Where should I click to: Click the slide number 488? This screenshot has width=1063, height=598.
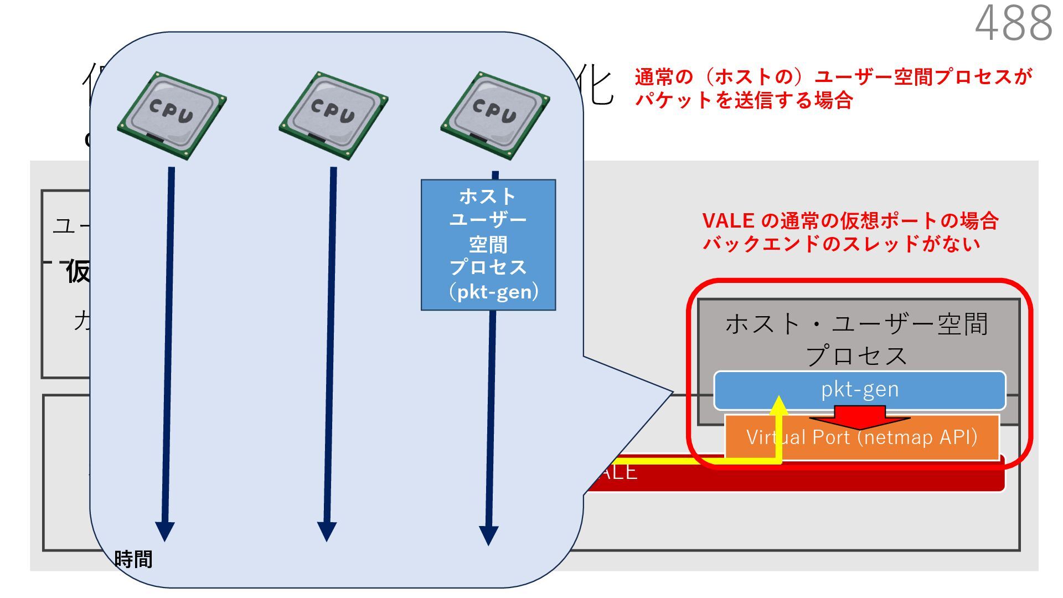[1013, 23]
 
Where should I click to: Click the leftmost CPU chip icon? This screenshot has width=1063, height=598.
[172, 115]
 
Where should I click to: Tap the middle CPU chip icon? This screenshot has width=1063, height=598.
[333, 115]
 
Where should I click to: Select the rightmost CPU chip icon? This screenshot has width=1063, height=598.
[495, 115]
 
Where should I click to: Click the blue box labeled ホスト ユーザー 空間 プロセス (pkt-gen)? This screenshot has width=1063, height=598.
[488, 244]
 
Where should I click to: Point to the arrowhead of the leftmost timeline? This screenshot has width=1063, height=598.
[165, 531]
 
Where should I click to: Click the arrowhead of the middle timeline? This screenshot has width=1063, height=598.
[327, 531]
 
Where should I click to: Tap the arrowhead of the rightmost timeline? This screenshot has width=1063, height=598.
[488, 535]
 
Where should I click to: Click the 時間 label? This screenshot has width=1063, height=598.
[133, 559]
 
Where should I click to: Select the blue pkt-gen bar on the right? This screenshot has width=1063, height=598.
[859, 390]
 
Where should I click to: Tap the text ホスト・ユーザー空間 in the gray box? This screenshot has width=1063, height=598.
[856, 324]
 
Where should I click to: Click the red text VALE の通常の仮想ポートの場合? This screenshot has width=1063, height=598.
[850, 221]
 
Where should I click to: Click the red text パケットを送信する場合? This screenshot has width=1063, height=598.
[744, 100]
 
